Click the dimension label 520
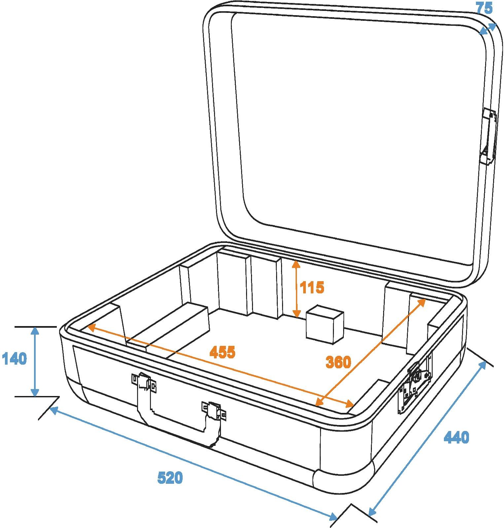(x=170, y=478)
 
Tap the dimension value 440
(x=456, y=437)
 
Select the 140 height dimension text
(x=14, y=359)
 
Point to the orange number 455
(x=223, y=352)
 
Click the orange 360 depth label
(x=338, y=362)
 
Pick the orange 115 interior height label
(x=312, y=287)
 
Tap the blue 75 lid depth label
(x=484, y=8)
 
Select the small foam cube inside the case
(x=325, y=324)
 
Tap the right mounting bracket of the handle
(x=214, y=411)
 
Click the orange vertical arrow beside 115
(x=296, y=289)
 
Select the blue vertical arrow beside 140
(x=35, y=362)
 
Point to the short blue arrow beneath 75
(x=488, y=29)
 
